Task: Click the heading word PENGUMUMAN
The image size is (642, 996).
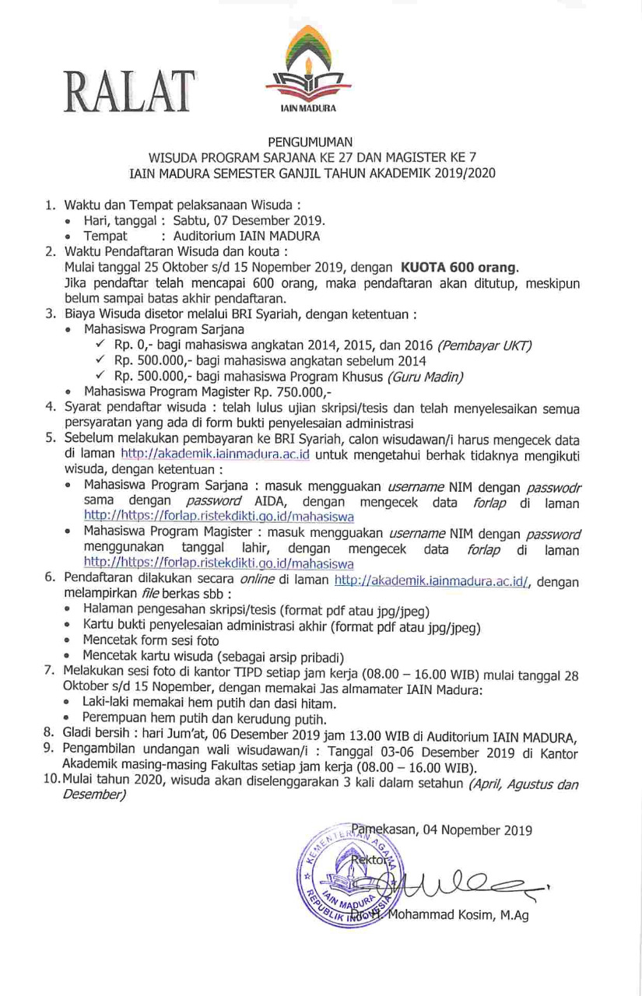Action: (310, 142)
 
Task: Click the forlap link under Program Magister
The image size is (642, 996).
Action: (219, 563)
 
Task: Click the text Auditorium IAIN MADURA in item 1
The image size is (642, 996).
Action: (247, 236)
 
